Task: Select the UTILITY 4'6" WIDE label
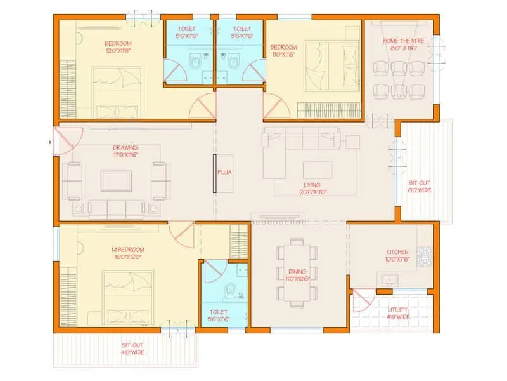pos(399,313)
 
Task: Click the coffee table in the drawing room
pos(116,180)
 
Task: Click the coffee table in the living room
pos(318,170)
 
